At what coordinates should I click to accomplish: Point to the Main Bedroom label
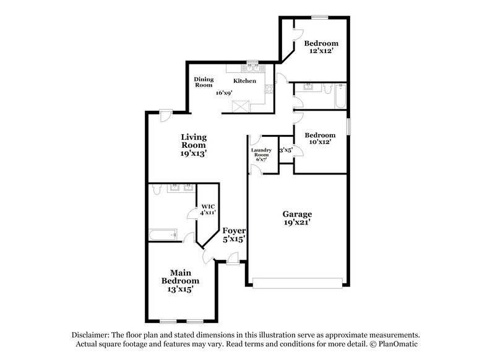tap(176, 276)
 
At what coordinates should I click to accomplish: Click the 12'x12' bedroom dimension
tap(321, 51)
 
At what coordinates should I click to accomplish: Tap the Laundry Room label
tap(259, 153)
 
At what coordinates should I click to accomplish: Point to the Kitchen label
tap(244, 81)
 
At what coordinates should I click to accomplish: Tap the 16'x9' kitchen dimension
tap(224, 93)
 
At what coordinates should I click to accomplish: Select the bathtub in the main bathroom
tap(162, 234)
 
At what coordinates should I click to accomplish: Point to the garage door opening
tap(298, 283)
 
